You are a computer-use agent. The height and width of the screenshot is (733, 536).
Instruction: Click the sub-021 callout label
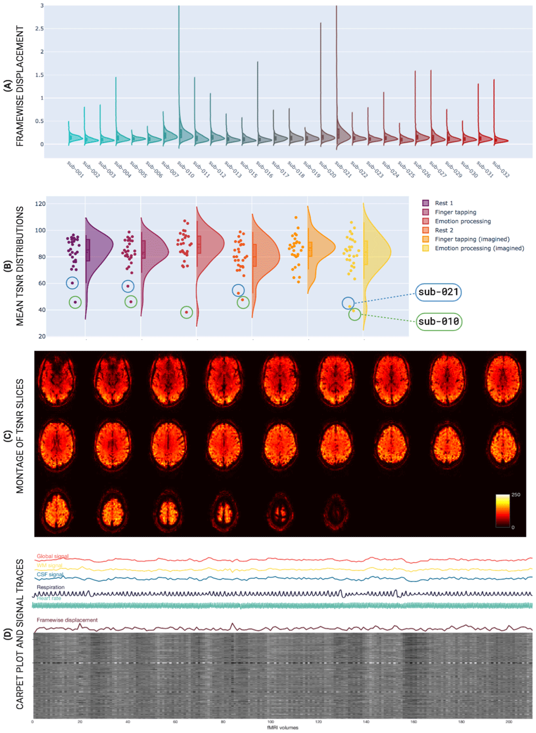(x=438, y=292)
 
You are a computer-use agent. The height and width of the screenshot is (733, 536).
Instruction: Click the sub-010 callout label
(x=438, y=321)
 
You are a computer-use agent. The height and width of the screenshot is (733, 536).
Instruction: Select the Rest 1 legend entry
(x=443, y=203)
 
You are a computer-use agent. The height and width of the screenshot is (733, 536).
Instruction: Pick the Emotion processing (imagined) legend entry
(x=479, y=248)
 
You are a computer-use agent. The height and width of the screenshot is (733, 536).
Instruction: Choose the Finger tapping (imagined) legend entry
(x=472, y=239)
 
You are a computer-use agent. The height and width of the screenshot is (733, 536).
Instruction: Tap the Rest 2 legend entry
(x=443, y=230)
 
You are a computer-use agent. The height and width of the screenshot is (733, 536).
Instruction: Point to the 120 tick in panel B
(x=40, y=204)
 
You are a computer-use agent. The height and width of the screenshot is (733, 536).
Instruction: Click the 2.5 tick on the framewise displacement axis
(x=39, y=29)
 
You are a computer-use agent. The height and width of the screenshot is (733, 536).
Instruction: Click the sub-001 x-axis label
(x=76, y=169)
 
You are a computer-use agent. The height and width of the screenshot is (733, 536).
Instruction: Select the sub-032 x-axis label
(x=501, y=169)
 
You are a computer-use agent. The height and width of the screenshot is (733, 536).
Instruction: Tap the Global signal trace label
(x=53, y=556)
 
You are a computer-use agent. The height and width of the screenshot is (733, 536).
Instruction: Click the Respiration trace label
(x=50, y=587)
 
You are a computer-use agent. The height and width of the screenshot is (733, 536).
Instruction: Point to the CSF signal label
(x=50, y=574)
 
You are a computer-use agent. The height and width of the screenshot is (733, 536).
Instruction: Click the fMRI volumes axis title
(x=282, y=728)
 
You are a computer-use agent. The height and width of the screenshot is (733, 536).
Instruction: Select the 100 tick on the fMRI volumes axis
(x=271, y=722)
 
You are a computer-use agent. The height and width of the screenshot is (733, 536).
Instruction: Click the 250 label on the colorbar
(x=516, y=495)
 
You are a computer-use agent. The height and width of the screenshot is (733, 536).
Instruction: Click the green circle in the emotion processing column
(x=187, y=312)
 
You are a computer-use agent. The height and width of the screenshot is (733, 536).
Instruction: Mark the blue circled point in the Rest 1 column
(x=72, y=283)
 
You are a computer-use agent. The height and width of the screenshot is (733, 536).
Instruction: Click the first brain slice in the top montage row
(x=57, y=380)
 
